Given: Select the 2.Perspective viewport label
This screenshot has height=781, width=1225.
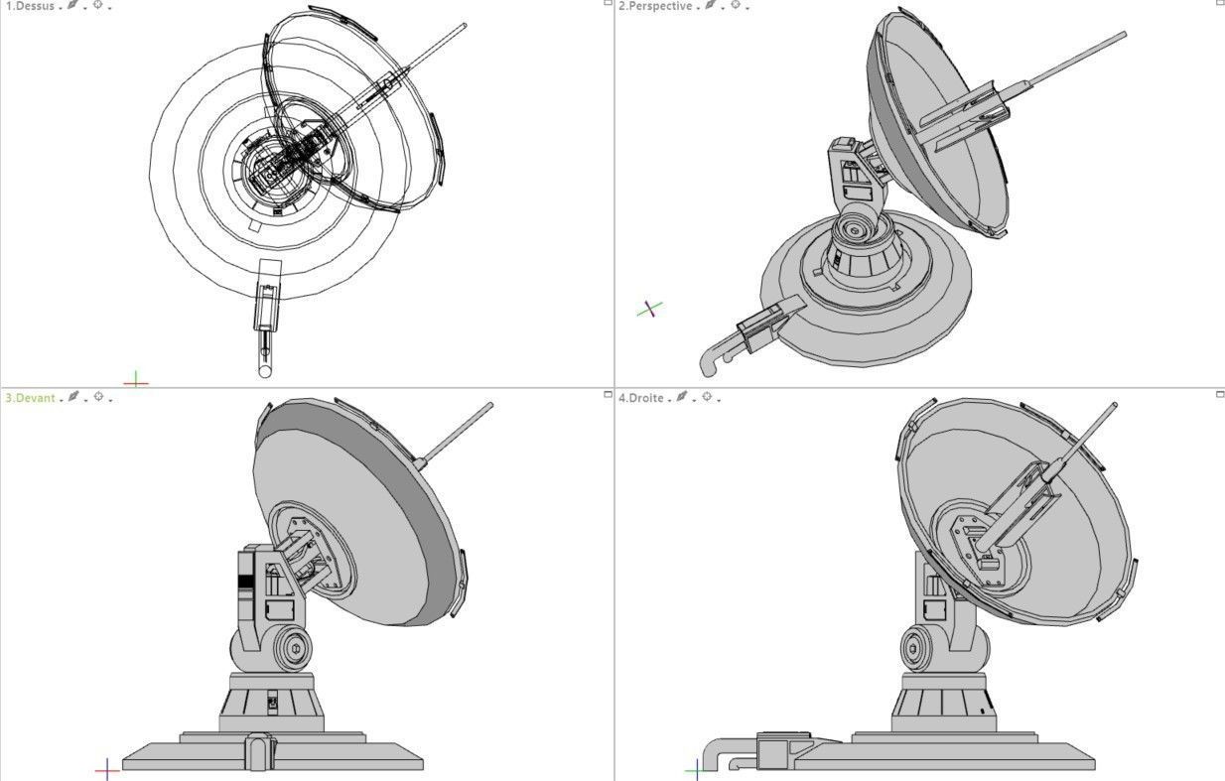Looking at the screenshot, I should pos(655,6).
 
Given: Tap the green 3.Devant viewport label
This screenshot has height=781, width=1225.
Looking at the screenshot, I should pos(30,398).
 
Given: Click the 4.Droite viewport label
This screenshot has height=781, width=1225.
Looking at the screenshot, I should pos(640,398).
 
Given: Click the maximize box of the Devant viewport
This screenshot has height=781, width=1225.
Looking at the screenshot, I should pos(609,395).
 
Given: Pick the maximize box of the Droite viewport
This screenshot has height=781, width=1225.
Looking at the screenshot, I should pos(1220,395).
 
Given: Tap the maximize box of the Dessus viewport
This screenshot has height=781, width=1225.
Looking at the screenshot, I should pos(609,3).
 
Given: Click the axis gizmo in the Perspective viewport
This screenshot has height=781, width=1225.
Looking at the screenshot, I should pos(649,310).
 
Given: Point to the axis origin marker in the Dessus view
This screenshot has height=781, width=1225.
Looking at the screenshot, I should pos(136,380).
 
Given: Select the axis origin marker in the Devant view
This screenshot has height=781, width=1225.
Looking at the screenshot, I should pos(107,769).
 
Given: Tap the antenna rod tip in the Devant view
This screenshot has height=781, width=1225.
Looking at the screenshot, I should pos(489,405).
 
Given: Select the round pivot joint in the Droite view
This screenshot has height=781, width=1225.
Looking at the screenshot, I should pos(915,651).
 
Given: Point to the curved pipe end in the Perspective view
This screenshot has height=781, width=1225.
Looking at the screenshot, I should pos(707,368).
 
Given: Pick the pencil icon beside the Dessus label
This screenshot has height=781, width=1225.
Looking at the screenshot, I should pos(72,6).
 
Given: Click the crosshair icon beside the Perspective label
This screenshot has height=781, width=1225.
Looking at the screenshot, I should pos(735,6).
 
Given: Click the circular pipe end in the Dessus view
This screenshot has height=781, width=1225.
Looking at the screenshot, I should pos(265,371).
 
